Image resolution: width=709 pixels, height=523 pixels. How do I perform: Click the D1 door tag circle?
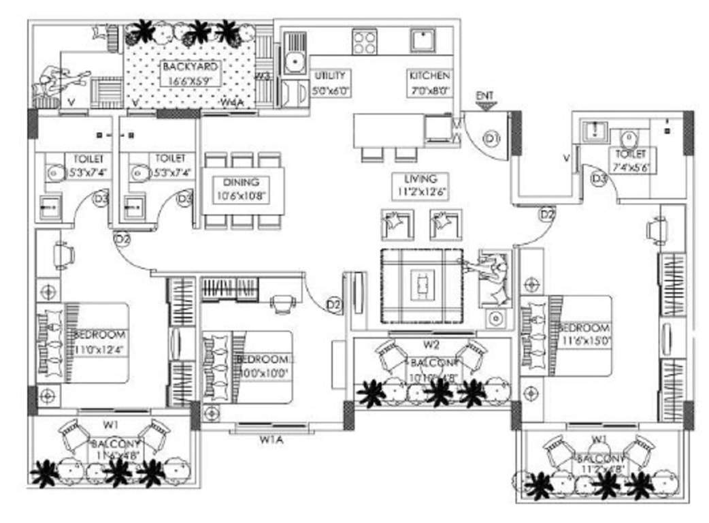point(491,139)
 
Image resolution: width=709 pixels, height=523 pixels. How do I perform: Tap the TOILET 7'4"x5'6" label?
point(631,161)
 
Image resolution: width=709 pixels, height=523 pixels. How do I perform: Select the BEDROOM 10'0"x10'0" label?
point(263,365)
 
